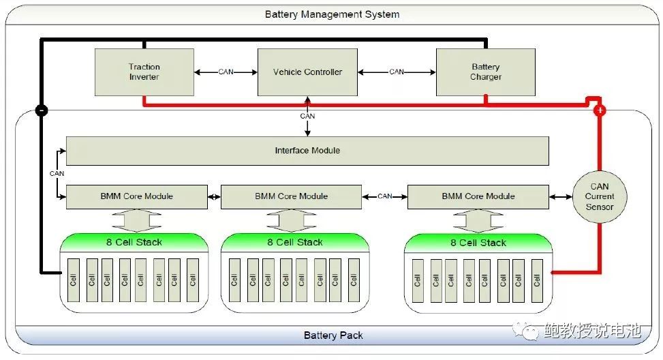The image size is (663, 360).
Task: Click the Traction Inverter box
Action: click(144, 72)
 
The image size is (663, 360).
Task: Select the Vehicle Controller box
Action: click(307, 72)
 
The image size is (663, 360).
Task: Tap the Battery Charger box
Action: click(485, 72)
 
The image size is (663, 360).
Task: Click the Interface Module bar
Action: click(307, 151)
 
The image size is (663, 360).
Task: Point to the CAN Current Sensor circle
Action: click(600, 196)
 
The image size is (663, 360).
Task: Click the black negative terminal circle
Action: click(41, 110)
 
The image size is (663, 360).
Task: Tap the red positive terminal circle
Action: click(600, 110)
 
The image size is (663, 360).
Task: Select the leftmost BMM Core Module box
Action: click(136, 196)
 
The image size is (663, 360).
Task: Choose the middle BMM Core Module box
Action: click(292, 196)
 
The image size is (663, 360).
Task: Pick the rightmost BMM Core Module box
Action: click(478, 196)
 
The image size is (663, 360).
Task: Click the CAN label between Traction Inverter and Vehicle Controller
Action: click(226, 72)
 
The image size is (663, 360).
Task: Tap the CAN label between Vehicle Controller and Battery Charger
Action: click(397, 72)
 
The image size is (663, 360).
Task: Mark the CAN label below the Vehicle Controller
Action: click(307, 116)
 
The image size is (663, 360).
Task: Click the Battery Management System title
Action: click(332, 14)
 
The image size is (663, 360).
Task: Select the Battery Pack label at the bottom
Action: click(333, 335)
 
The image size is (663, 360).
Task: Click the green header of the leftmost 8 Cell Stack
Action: click(134, 242)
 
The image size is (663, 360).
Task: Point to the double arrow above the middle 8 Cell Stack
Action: click(292, 220)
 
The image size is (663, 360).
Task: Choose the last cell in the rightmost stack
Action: click(537, 280)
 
